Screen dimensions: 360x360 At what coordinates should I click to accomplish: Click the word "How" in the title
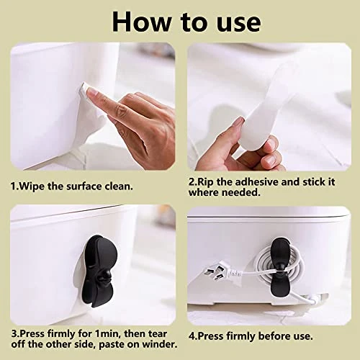(x=142, y=22)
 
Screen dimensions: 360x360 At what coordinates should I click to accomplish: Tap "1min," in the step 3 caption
(x=109, y=334)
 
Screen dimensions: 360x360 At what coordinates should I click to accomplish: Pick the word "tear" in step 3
(x=158, y=334)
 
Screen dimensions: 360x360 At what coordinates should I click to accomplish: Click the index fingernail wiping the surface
(x=91, y=91)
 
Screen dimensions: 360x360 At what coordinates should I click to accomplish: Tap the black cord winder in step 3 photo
(x=100, y=271)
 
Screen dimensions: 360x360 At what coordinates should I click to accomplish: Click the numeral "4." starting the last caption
(x=192, y=336)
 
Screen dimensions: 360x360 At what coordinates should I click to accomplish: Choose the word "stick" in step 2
(x=312, y=182)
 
